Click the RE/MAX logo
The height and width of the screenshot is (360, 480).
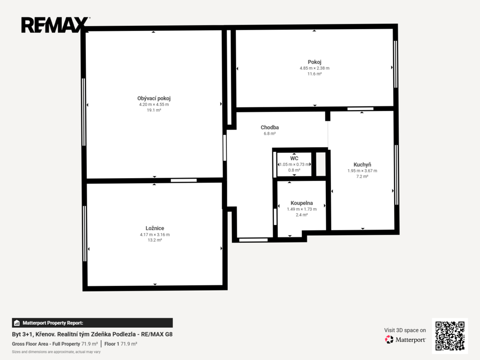(55, 25)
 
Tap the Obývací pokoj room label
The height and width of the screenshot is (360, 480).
(154, 98)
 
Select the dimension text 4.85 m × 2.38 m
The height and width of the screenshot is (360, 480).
(315, 68)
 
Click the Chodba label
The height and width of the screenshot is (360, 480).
(270, 127)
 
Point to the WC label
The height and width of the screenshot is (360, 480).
(294, 158)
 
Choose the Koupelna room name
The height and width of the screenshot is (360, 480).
(301, 203)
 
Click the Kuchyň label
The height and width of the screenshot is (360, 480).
(362, 165)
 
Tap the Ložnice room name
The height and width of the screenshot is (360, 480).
(155, 228)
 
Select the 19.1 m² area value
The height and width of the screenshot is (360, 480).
(154, 110)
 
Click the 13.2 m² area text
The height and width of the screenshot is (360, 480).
(155, 240)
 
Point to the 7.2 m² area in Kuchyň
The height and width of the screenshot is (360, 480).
(362, 176)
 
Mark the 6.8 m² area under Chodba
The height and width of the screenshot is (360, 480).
(270, 134)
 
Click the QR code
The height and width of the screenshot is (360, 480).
(450, 336)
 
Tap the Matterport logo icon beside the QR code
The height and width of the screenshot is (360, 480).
(389, 339)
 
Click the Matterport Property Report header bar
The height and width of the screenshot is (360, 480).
(92, 322)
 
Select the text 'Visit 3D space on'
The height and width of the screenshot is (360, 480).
(405, 330)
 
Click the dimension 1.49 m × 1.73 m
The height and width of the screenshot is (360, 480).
(301, 209)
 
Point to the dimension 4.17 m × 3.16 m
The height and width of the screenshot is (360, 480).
(155, 234)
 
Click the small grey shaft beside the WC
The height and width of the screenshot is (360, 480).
(321, 164)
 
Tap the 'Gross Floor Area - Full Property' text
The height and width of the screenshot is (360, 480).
(46, 344)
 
